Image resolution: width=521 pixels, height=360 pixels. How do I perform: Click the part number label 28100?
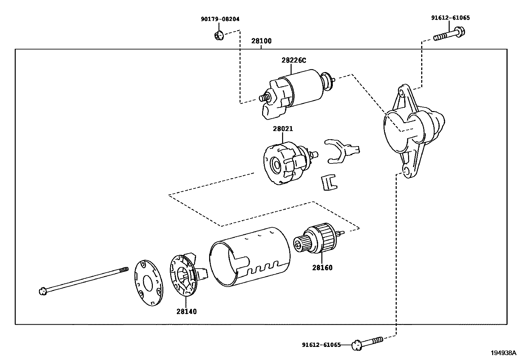261,41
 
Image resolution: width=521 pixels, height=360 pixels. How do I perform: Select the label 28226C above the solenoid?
294,60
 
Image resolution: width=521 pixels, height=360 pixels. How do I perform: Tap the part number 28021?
283,129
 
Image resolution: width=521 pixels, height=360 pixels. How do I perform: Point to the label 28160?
322,268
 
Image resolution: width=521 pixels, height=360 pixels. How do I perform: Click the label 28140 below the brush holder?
187,311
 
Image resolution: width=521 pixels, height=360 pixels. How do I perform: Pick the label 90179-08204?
220,19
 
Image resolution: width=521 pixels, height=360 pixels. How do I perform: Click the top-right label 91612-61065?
450,18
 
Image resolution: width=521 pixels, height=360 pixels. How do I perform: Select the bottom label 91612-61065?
321,345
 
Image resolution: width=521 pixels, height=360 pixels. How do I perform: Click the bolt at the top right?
450,34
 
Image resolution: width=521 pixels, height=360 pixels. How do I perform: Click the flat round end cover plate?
149,283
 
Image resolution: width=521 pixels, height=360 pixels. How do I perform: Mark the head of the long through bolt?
42,291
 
